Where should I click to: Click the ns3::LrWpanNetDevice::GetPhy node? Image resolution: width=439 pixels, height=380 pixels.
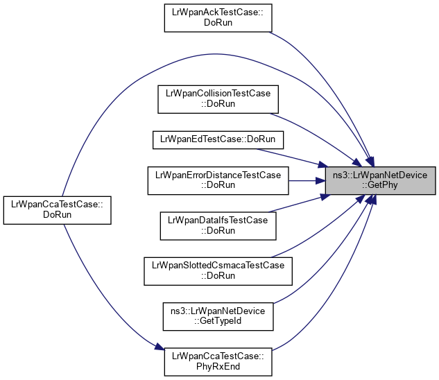[x=383, y=180]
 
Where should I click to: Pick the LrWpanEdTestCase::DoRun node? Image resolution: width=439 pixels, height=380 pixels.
[x=218, y=139]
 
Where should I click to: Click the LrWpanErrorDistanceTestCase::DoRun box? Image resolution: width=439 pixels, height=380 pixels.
[x=218, y=180]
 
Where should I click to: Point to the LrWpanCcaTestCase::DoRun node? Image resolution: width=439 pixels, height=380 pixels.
[x=57, y=209]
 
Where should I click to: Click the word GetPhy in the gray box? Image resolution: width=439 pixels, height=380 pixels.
[x=383, y=186]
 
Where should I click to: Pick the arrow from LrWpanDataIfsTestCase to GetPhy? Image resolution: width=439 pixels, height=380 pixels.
[x=298, y=204]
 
